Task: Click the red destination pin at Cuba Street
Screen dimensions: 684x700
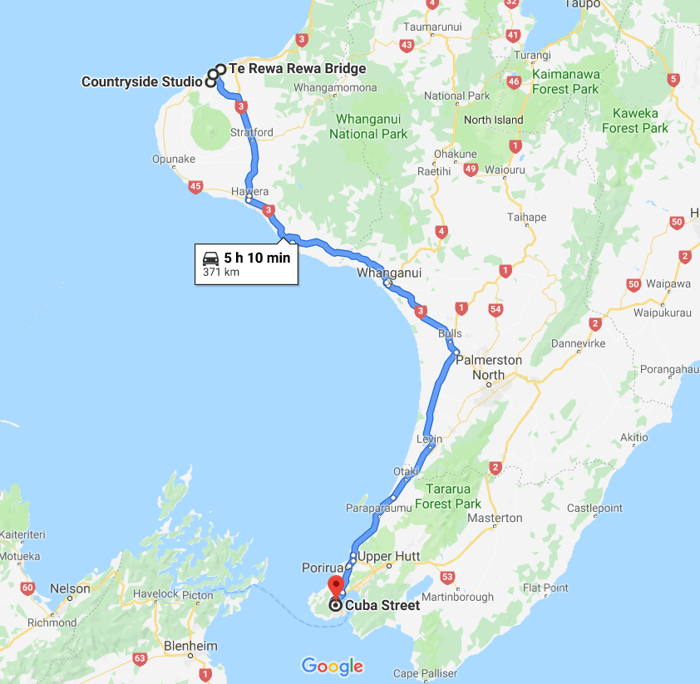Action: click(335, 585)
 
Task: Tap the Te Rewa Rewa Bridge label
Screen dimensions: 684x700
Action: click(297, 69)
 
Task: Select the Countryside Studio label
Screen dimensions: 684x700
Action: click(141, 81)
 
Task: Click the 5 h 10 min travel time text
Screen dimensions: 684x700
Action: click(257, 258)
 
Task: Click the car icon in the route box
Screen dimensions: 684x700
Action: click(211, 258)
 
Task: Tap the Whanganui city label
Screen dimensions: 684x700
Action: click(389, 273)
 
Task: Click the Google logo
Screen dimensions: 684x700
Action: click(333, 666)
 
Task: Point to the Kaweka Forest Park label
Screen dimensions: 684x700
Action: click(635, 121)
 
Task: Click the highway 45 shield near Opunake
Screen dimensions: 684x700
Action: click(195, 187)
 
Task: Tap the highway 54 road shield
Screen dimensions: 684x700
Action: click(496, 310)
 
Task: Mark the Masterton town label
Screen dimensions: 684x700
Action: click(495, 518)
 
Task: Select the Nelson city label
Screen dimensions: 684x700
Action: click(70, 588)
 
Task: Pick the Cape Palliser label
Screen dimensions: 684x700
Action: click(426, 673)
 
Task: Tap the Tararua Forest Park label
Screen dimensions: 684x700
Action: click(448, 496)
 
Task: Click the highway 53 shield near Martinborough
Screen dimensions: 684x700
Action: click(447, 577)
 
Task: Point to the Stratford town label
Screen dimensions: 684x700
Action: click(251, 132)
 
